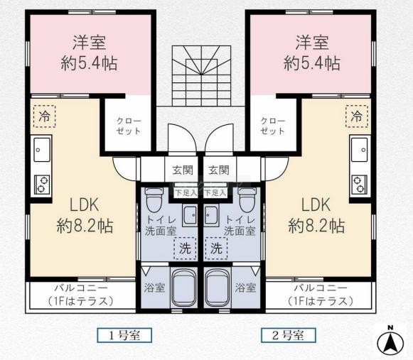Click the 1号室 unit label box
(124, 335)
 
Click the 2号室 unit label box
(288, 335)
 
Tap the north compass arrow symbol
(390, 341)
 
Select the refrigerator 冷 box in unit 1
(45, 116)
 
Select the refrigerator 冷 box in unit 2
(357, 116)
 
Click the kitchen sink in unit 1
(42, 150)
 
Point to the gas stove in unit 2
(360, 184)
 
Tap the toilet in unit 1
(154, 200)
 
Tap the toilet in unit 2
(247, 200)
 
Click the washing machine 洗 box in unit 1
(185, 248)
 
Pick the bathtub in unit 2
(218, 288)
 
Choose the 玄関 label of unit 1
(183, 170)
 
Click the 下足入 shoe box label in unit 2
(215, 193)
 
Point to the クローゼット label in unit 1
(129, 126)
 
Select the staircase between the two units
(201, 76)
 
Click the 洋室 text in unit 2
(312, 43)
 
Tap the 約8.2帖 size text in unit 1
(85, 226)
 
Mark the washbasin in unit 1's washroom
(191, 215)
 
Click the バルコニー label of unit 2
(321, 288)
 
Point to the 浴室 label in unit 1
(155, 288)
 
